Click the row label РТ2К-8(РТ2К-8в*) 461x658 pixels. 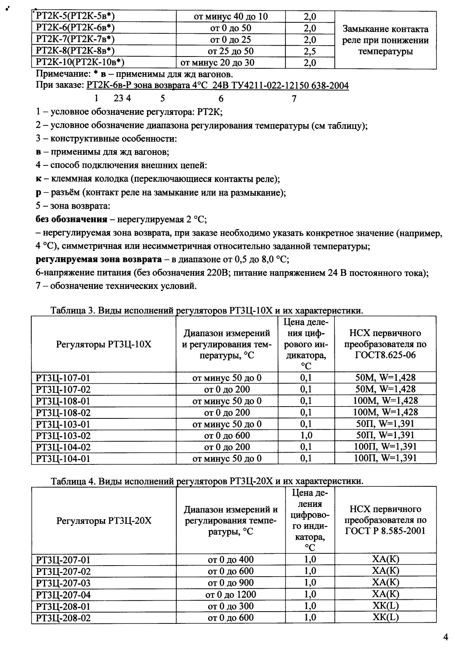pos(76,51)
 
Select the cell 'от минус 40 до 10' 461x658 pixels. pos(230,17)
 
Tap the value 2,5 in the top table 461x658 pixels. pos(310,51)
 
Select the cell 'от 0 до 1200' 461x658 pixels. pos(230,595)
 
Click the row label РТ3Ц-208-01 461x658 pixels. pos(64,607)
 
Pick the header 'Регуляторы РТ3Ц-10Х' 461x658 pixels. pos(103,344)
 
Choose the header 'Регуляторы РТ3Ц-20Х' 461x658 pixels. pos(103,520)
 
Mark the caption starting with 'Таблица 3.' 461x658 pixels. pos(206,311)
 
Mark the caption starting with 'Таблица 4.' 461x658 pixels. pos(206,481)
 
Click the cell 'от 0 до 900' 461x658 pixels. pos(230,583)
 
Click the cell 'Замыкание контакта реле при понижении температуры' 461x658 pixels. pos(385,40)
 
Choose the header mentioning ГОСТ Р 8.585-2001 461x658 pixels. pos(385,520)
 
